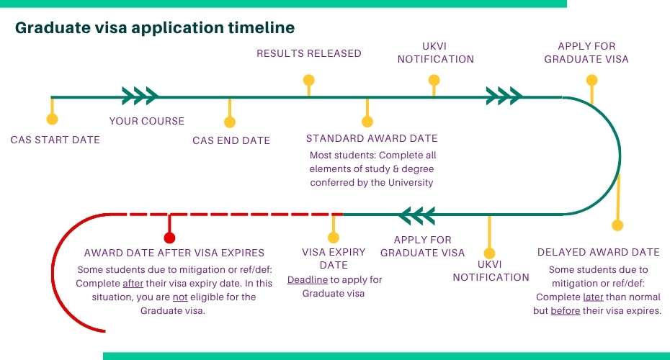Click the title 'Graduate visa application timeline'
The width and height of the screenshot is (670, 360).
(x=155, y=28)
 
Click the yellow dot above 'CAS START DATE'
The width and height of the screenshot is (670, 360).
(x=52, y=120)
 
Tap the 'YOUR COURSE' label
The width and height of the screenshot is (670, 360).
(x=147, y=121)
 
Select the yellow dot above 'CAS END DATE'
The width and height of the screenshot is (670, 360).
(x=231, y=122)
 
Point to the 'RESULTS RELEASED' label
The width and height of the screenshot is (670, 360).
(x=309, y=53)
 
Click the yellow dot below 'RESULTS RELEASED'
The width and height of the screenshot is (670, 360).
(x=308, y=79)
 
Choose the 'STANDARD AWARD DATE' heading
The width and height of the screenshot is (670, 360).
(x=372, y=138)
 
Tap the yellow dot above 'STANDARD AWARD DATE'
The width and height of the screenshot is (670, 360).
(x=367, y=122)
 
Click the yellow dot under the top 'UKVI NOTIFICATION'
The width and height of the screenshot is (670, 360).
(x=434, y=79)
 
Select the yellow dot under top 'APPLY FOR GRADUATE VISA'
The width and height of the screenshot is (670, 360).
(x=592, y=79)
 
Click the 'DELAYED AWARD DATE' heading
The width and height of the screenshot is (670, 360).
(x=599, y=252)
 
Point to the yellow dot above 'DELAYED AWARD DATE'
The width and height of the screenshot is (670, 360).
(x=617, y=225)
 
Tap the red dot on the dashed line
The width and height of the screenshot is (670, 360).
(x=169, y=237)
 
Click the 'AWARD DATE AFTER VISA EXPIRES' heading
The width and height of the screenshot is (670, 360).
(x=174, y=253)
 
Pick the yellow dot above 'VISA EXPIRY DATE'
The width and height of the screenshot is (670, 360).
(x=333, y=237)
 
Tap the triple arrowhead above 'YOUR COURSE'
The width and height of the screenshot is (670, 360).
(x=140, y=96)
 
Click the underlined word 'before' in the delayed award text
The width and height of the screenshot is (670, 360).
(x=566, y=311)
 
